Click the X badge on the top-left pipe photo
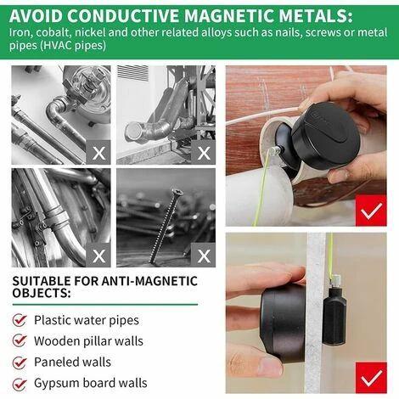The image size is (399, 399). tap(98, 153)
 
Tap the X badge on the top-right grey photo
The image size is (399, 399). tap(203, 153)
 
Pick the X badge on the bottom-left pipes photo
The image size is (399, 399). tap(98, 254)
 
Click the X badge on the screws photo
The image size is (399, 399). tap(203, 254)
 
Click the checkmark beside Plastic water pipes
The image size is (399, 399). tap(19, 320)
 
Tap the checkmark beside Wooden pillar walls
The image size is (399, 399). tap(19, 341)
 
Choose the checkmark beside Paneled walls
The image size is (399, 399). tap(19, 362)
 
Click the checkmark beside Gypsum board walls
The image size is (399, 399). tap(19, 384)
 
